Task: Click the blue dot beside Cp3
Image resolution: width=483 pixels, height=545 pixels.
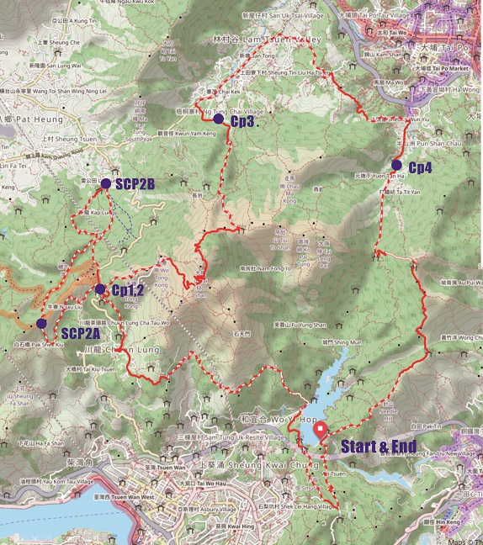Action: (219, 119)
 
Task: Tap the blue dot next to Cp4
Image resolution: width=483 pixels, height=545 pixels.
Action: (396, 165)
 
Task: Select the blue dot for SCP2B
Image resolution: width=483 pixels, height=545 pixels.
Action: (105, 183)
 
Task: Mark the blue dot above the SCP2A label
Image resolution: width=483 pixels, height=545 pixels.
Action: (41, 323)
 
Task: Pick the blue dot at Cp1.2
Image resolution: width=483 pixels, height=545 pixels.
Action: (100, 289)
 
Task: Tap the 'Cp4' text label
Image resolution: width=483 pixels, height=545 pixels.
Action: (421, 167)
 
